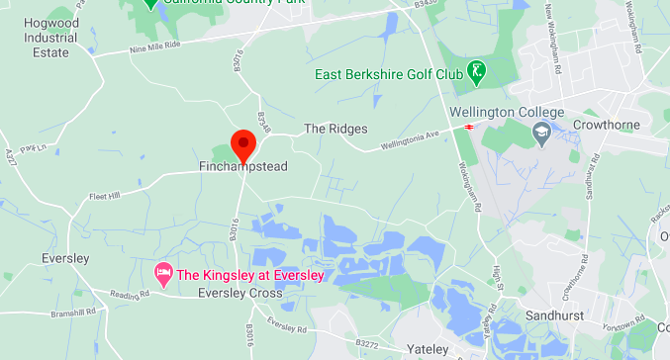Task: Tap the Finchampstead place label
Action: click(x=242, y=167)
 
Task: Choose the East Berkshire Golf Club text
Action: click(x=389, y=74)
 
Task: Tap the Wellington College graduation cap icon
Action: click(x=541, y=133)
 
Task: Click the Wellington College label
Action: click(x=507, y=112)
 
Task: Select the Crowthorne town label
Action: click(x=607, y=125)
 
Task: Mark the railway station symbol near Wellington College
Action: click(x=469, y=127)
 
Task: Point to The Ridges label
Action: click(x=335, y=129)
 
